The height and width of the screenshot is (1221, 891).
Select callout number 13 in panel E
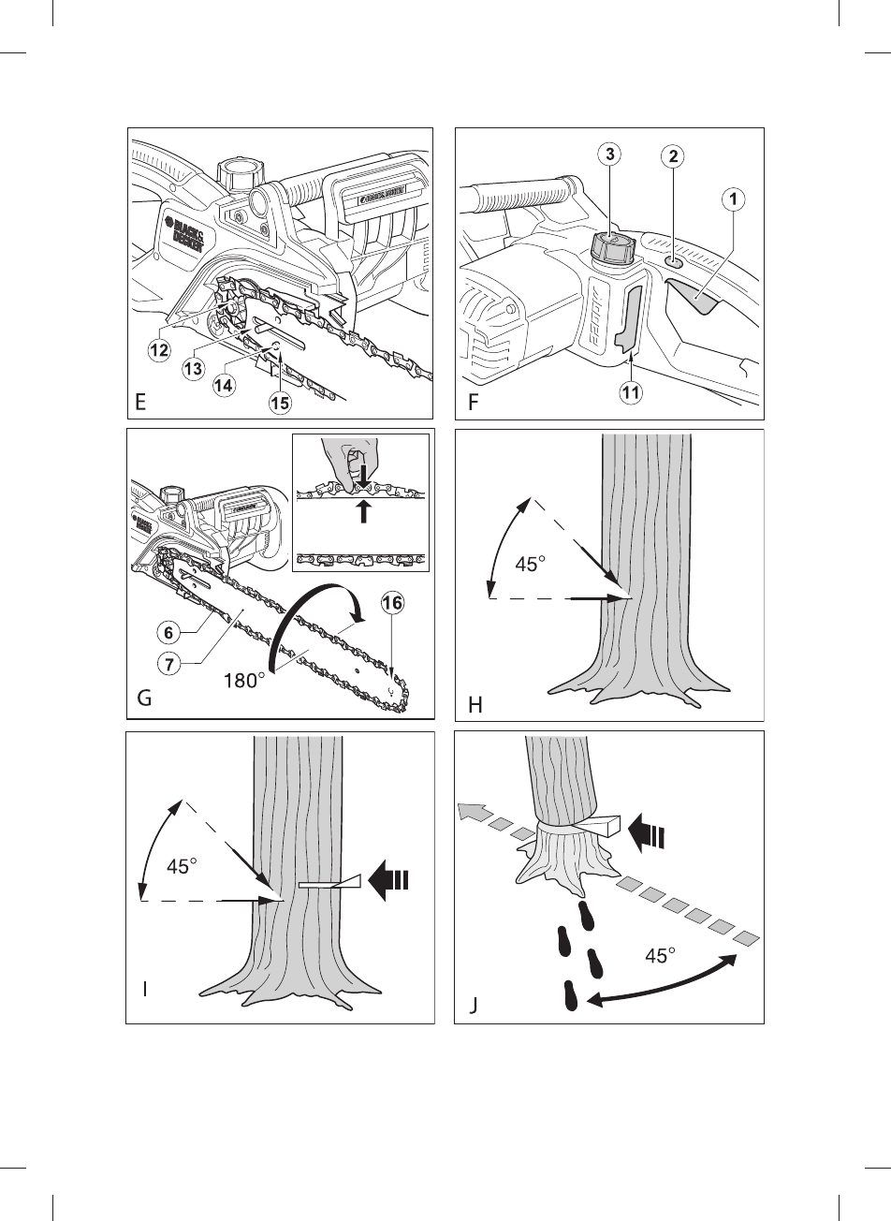click(194, 369)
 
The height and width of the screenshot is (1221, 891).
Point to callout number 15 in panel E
click(280, 404)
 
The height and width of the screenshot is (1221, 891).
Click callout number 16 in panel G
click(391, 604)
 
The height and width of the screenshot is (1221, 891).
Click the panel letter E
click(140, 404)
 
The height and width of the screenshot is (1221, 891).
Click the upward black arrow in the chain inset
click(366, 512)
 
